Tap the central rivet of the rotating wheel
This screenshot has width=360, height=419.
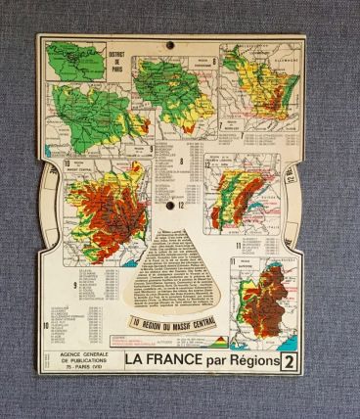pos(180,203)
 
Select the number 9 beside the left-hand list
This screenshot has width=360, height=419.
pos(75,285)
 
